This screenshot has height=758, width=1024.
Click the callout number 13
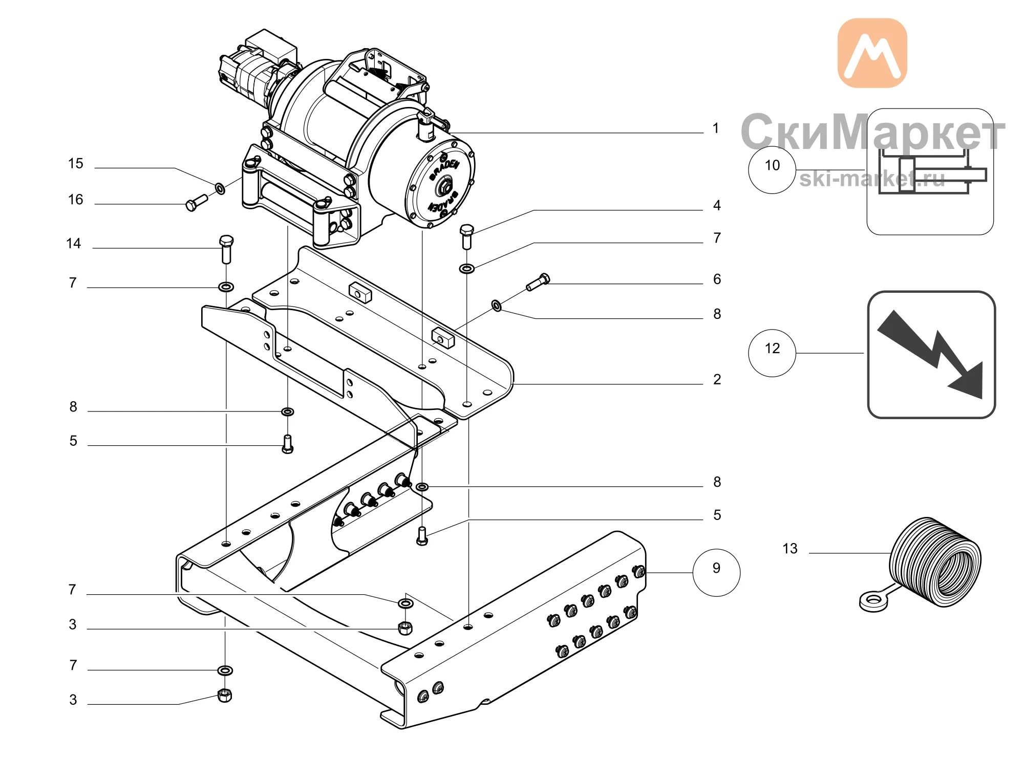coord(790,549)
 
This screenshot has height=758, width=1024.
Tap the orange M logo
coord(872,53)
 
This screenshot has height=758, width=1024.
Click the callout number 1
coord(716,128)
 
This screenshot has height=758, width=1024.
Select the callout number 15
coord(76,163)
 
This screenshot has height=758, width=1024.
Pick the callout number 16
coord(76,199)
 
